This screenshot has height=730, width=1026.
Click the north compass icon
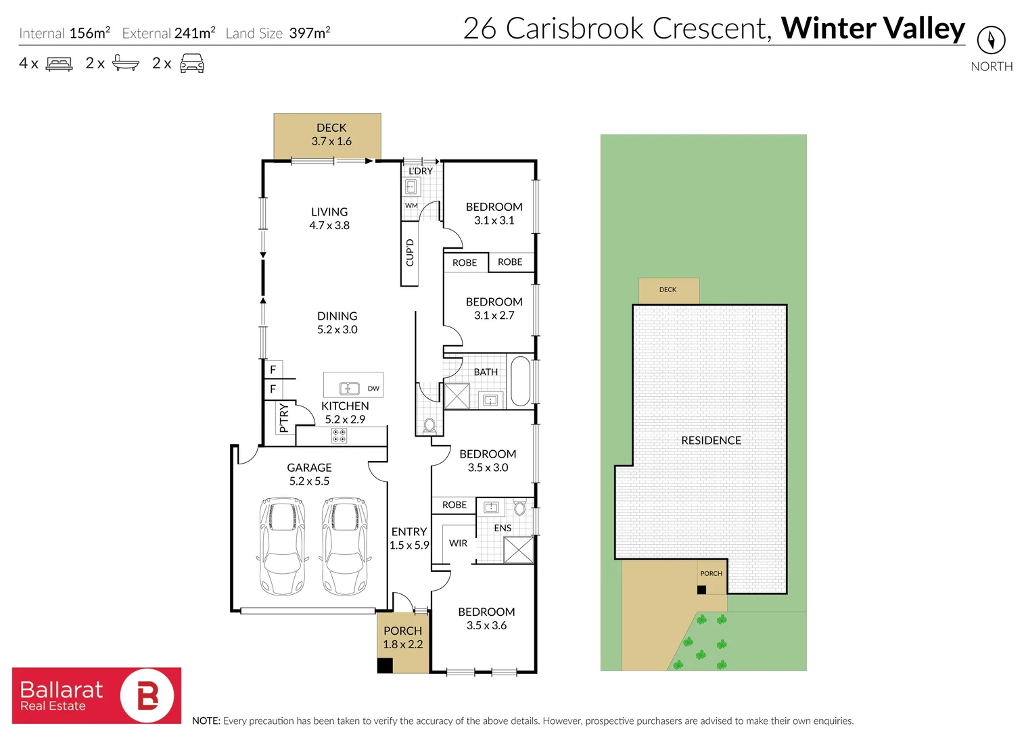991,41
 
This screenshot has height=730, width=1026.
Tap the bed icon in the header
59,64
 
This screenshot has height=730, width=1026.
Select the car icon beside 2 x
191,64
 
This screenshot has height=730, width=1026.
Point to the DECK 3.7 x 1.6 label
331,135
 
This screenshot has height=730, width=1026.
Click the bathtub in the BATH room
520,381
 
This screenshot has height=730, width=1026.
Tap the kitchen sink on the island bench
349,388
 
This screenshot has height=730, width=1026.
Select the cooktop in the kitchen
339,435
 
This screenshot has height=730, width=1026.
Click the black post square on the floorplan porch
385,665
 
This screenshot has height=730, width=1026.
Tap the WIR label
458,543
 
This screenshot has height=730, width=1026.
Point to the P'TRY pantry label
284,417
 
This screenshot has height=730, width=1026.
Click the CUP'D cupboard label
409,253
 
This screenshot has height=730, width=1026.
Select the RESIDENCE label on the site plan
711,441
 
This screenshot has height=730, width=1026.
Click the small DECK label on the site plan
668,290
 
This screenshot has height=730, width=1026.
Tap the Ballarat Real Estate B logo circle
147,696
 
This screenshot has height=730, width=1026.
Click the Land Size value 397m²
310,33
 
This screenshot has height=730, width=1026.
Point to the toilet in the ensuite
519,507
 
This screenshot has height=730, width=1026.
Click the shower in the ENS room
519,550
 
